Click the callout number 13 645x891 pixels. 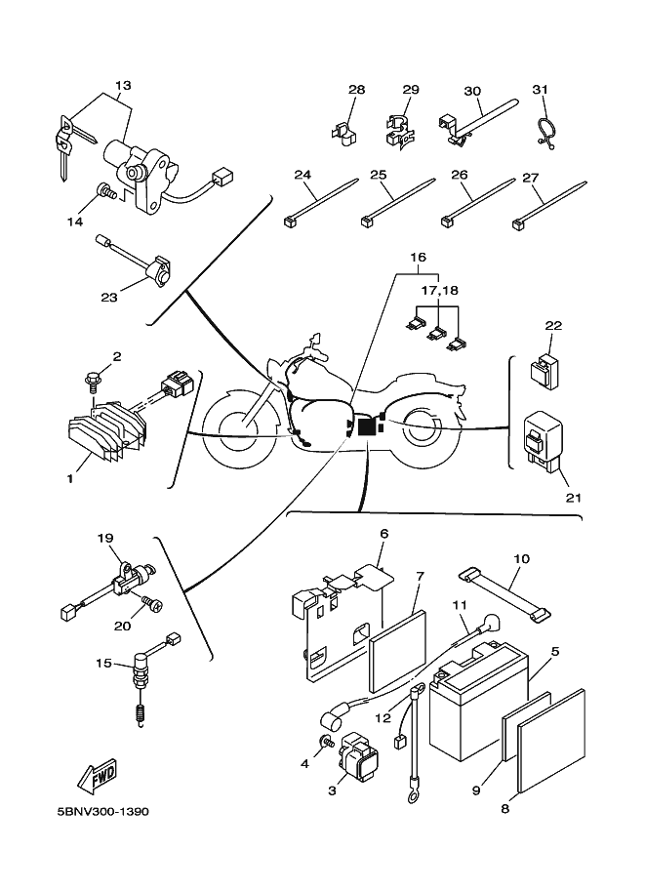pyautogui.click(x=122, y=84)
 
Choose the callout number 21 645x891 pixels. pyautogui.click(x=573, y=497)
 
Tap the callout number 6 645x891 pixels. pyautogui.click(x=384, y=534)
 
